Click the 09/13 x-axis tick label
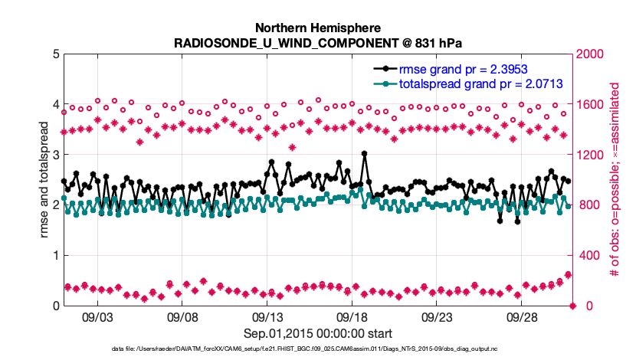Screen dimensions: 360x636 [267, 316]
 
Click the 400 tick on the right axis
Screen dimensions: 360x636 [591, 255]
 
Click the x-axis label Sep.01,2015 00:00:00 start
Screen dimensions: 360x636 [318, 332]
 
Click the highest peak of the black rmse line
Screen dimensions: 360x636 [364, 154]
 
